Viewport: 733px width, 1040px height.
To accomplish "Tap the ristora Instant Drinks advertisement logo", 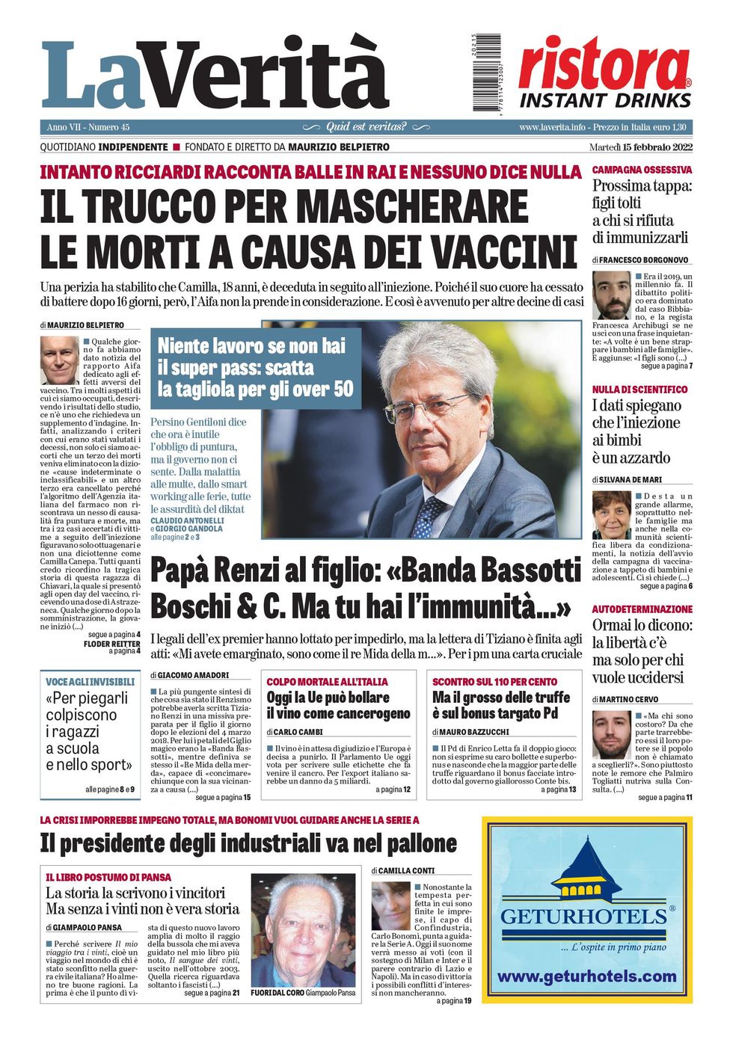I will tap(604, 73).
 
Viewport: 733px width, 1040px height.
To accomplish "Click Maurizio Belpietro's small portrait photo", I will tap(59, 360).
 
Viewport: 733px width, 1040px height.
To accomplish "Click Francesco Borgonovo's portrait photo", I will tap(612, 295).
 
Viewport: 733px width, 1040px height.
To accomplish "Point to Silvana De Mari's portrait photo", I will tap(612, 514).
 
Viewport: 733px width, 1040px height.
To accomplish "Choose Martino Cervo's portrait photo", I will tap(612, 734).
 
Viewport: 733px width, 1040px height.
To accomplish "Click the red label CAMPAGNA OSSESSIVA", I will tap(642, 170).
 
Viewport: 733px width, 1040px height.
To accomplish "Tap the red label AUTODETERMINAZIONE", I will tap(642, 609).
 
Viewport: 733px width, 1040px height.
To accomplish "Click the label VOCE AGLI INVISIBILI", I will tap(91, 682).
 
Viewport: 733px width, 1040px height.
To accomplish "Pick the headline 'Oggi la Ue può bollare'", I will tap(328, 698).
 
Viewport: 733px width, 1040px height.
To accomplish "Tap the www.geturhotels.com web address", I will tap(586, 976).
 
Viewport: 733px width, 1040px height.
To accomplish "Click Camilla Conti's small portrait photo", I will tap(390, 905).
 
